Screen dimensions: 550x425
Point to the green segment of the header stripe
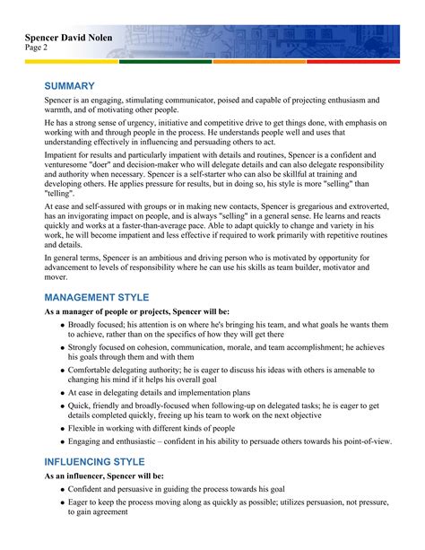click(165, 62)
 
